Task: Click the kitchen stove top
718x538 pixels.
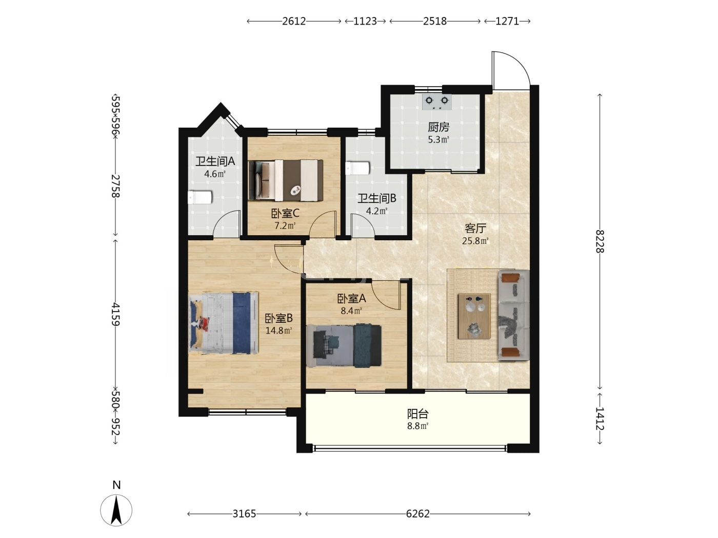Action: click(x=436, y=102)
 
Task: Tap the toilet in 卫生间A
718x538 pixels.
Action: click(x=200, y=197)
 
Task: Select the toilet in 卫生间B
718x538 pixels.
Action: click(x=357, y=168)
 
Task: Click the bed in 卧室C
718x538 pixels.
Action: click(x=286, y=180)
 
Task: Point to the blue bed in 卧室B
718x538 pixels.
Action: click(x=224, y=323)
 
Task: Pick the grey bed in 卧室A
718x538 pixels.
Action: click(x=344, y=345)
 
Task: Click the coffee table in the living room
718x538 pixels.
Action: click(x=474, y=316)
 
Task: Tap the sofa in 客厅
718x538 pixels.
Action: click(x=513, y=315)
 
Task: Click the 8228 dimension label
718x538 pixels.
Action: click(x=599, y=241)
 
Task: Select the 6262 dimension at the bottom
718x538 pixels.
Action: click(x=417, y=514)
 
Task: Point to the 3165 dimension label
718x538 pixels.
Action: click(x=244, y=514)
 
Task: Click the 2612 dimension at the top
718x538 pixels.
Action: click(x=294, y=21)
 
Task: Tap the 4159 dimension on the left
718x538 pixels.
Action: click(x=115, y=314)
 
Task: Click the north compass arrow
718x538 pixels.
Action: click(x=116, y=510)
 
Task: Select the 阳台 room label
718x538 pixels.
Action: click(x=417, y=414)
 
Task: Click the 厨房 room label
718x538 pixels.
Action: click(x=438, y=127)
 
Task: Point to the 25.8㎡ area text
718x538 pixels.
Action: click(x=475, y=241)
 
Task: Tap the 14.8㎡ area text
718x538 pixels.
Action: click(x=278, y=330)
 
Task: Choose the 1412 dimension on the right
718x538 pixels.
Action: click(x=599, y=419)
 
